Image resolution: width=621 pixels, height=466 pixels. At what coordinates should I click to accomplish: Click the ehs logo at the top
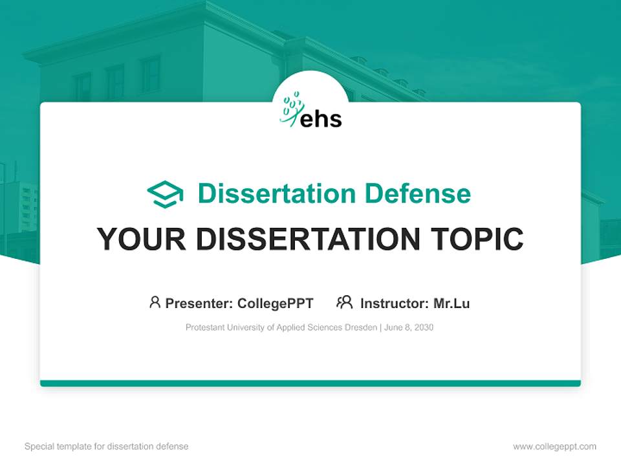[x=311, y=111]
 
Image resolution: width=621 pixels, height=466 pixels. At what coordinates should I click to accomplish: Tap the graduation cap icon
[x=165, y=194]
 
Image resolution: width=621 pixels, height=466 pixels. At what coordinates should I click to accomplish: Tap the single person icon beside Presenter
[x=155, y=302]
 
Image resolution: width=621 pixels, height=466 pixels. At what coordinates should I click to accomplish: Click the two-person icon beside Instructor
[x=344, y=302]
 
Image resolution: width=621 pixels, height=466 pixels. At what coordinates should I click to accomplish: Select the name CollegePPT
[x=276, y=304]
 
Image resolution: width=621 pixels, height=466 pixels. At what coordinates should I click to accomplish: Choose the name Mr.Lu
[x=452, y=304]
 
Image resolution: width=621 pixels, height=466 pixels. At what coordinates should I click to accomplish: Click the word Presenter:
[x=199, y=304]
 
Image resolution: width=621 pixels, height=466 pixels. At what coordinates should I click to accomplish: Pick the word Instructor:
[x=394, y=304]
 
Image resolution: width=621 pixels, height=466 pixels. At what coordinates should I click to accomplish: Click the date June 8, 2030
[x=409, y=327]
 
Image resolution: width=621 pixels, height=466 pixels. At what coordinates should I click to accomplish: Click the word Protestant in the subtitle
[x=204, y=327]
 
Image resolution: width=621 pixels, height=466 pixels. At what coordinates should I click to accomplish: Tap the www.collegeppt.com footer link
[x=554, y=447]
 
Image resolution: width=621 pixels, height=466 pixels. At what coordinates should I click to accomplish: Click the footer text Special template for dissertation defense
[x=106, y=447]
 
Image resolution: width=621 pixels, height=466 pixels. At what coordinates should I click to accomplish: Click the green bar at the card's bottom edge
[x=310, y=383]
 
